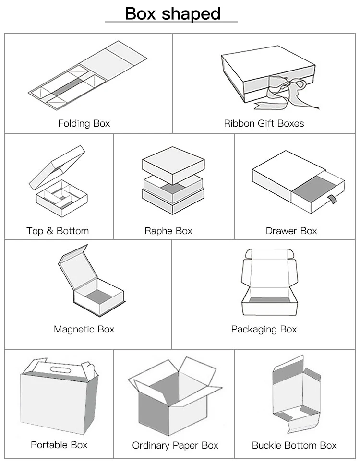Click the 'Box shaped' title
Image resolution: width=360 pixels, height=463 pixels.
tap(172, 13)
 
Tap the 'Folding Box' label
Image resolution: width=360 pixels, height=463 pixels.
tap(84, 123)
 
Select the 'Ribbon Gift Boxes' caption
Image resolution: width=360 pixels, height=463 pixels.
tap(264, 123)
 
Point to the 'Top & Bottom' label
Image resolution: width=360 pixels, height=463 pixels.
tap(58, 231)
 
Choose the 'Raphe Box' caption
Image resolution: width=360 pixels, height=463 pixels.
tap(168, 231)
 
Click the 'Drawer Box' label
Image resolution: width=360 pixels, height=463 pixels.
tap(291, 231)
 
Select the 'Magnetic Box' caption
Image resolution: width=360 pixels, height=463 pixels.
tap(84, 329)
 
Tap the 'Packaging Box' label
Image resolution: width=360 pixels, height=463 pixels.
tap(264, 329)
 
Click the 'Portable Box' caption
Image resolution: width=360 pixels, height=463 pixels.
tap(59, 445)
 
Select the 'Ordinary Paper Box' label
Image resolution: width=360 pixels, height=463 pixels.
tap(175, 446)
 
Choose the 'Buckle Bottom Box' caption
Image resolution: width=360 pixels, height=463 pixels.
tap(294, 446)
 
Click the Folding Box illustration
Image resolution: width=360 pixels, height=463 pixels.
tap(89, 77)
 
